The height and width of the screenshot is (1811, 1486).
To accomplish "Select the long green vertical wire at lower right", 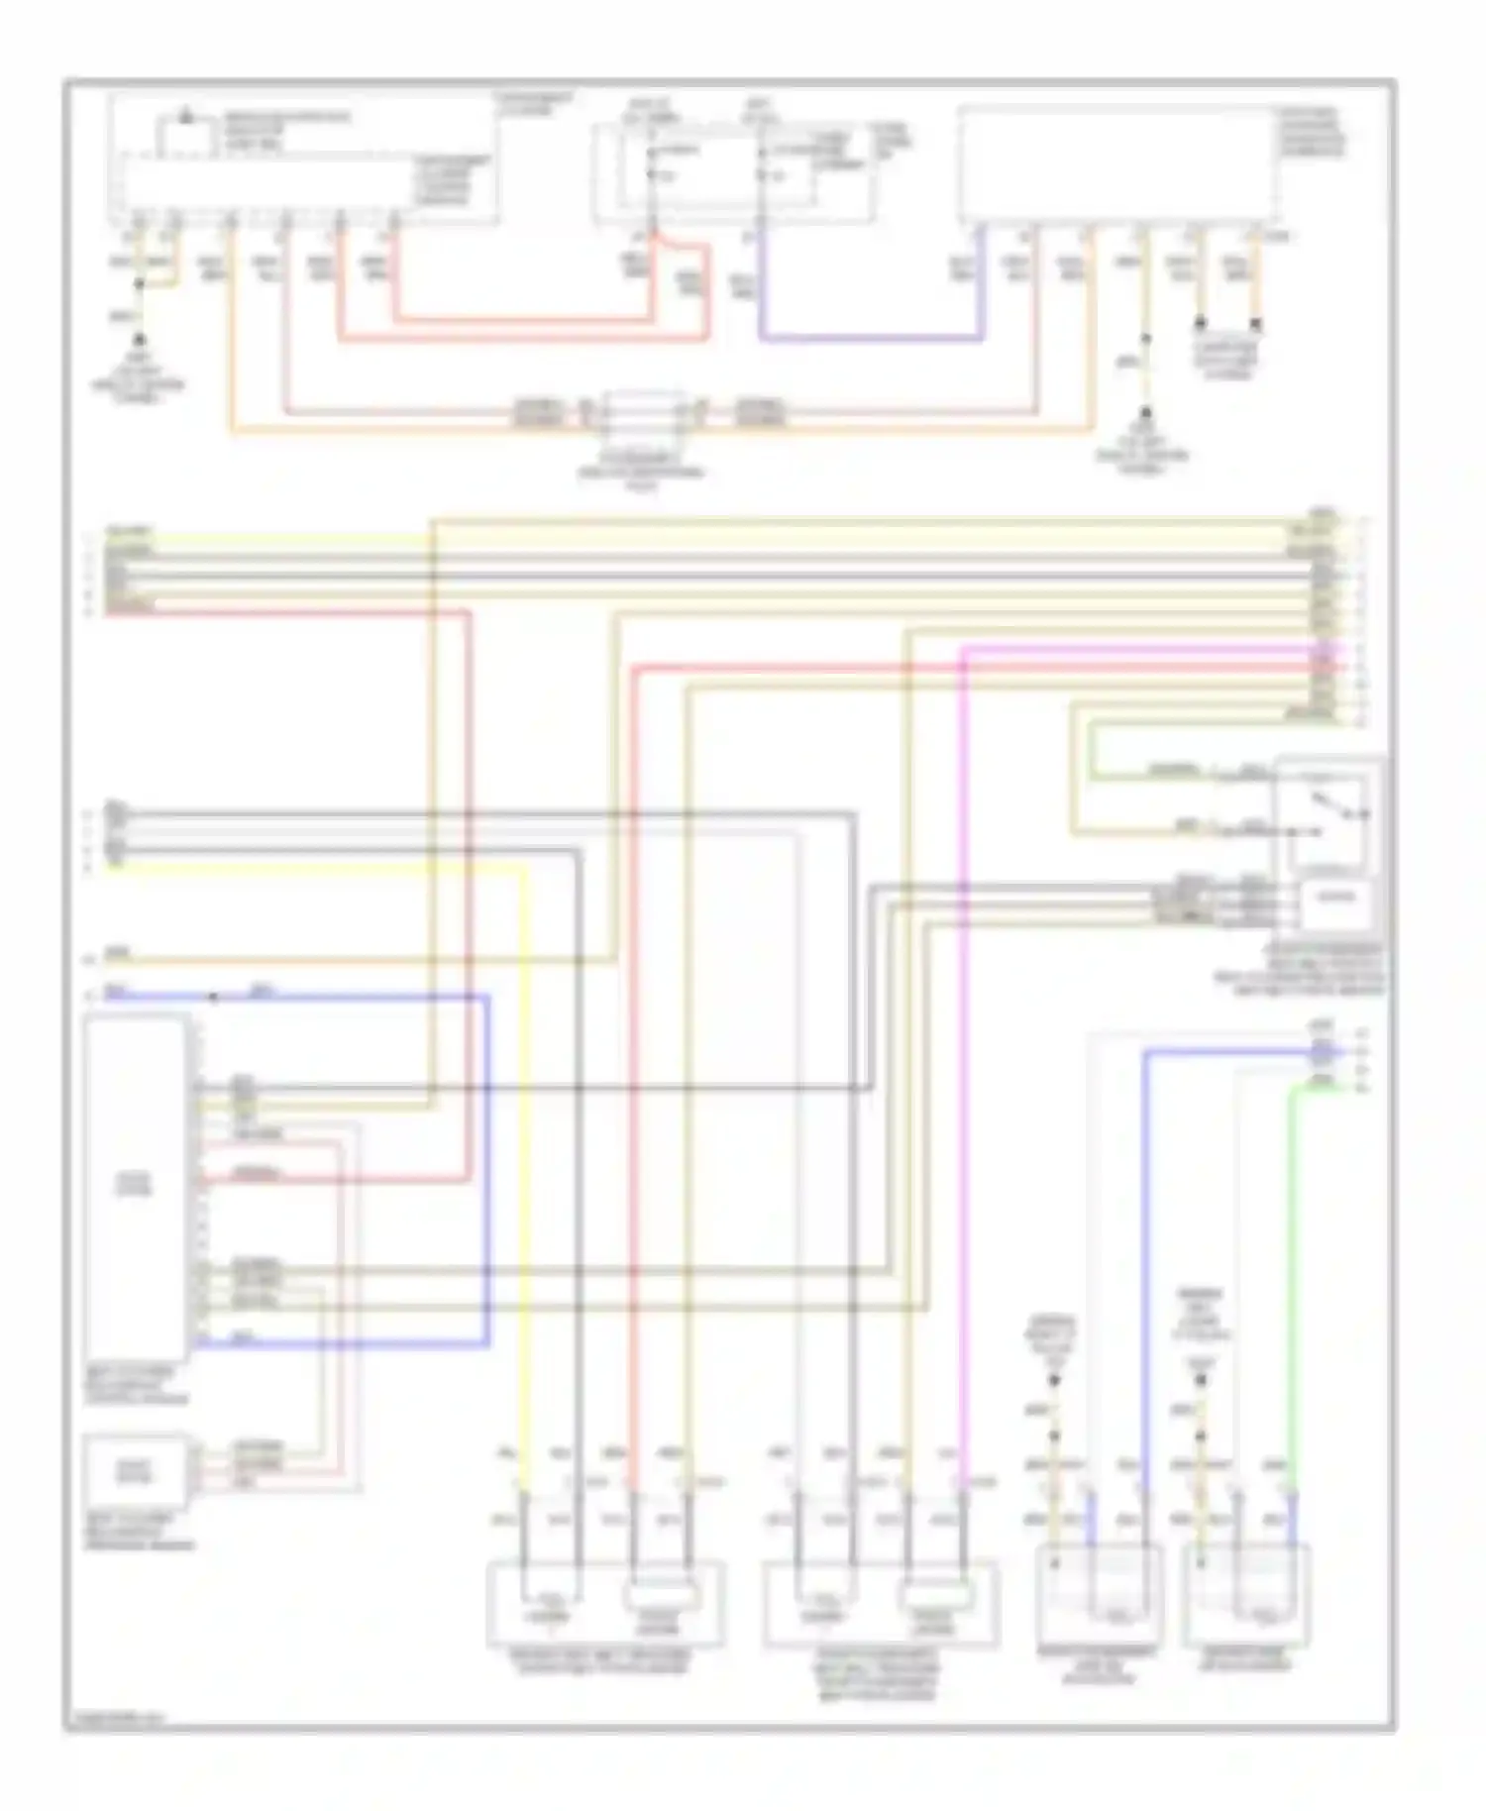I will click(1292, 1288).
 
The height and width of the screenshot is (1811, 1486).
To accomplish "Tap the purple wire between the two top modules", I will click(872, 340).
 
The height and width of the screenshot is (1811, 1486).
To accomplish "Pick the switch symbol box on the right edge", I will click(1327, 812).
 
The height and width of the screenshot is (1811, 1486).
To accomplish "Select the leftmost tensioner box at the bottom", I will click(604, 1603).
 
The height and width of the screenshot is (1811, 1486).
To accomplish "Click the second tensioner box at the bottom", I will click(880, 1603).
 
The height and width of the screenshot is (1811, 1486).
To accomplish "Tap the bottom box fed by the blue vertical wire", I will click(1098, 1593).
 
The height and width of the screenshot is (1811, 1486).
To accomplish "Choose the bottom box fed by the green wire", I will click(1246, 1593).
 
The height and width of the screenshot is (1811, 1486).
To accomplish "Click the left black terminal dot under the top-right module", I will click(1200, 323).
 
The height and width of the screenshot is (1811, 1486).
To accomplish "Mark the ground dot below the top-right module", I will click(1145, 411).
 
